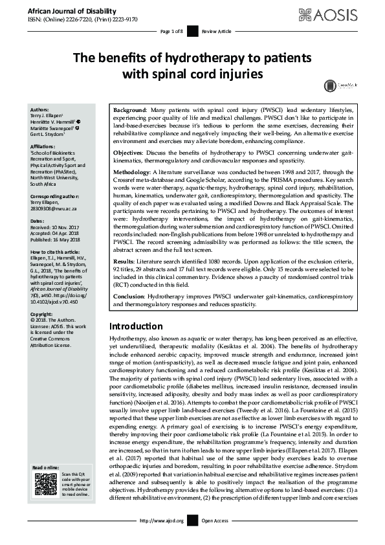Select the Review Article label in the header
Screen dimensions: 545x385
click(216, 31)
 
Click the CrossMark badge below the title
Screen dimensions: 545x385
click(347, 84)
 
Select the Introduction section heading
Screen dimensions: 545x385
click(136, 326)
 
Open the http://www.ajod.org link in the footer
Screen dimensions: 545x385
click(162, 520)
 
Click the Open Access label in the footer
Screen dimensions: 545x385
click(215, 520)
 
